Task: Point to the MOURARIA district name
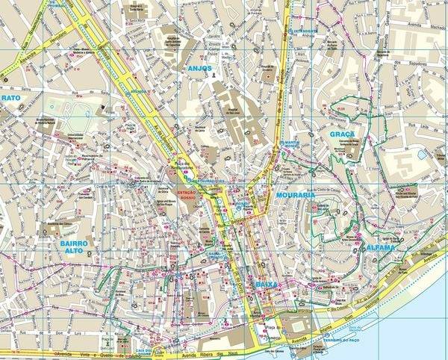(293, 196)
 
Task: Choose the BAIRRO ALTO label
(75, 247)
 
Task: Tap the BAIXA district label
(266, 285)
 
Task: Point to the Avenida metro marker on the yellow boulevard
(139, 93)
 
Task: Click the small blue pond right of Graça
(423, 154)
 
